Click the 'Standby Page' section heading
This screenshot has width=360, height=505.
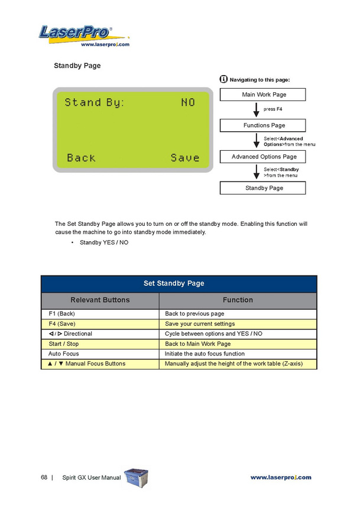pyautogui.click(x=77, y=66)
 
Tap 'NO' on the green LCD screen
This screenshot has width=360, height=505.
pyautogui.click(x=188, y=103)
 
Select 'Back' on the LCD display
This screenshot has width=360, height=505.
pyautogui.click(x=81, y=158)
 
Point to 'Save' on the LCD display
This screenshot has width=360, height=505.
pyautogui.click(x=185, y=158)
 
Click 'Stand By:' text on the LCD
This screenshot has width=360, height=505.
pyautogui.click(x=95, y=103)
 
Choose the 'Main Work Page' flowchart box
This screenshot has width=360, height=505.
pyautogui.click(x=262, y=95)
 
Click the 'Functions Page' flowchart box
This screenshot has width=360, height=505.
pyautogui.click(x=262, y=125)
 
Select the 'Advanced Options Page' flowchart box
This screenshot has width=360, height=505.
pyautogui.click(x=262, y=157)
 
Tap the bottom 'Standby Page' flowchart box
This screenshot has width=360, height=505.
pyautogui.click(x=262, y=188)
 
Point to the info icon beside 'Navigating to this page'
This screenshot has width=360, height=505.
pyautogui.click(x=223, y=79)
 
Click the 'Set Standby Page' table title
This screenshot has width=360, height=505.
pyautogui.click(x=179, y=283)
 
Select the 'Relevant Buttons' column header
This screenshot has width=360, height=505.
pyautogui.click(x=100, y=300)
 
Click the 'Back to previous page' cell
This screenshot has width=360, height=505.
pyautogui.click(x=194, y=314)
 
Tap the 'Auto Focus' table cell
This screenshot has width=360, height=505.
pyautogui.click(x=63, y=354)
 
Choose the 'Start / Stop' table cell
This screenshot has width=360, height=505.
pyautogui.click(x=63, y=344)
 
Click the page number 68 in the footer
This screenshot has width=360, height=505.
pyautogui.click(x=44, y=477)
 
